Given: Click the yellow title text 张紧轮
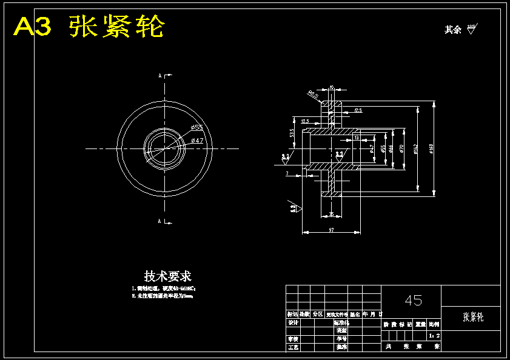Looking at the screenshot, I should pyautogui.click(x=116, y=27).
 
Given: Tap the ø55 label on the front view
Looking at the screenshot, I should pyautogui.click(x=196, y=127).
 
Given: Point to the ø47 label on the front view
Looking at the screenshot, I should pyautogui.click(x=197, y=141).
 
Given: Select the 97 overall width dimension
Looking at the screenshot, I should pyautogui.click(x=331, y=230).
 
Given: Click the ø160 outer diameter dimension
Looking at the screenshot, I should pyautogui.click(x=431, y=148).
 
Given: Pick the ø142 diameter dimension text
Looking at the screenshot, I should pyautogui.click(x=415, y=148).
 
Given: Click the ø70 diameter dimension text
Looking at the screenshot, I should pyautogui.click(x=401, y=148).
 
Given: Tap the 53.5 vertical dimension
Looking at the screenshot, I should pyautogui.click(x=292, y=132).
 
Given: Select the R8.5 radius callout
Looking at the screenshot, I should pyautogui.click(x=313, y=95).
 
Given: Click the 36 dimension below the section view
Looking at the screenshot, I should pyautogui.click(x=331, y=214).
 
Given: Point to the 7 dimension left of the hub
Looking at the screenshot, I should pyautogui.click(x=287, y=174).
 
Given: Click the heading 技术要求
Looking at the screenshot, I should pyautogui.click(x=168, y=276).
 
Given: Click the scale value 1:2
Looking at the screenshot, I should pyautogui.click(x=434, y=335).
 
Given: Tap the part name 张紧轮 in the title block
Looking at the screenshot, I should pyautogui.click(x=473, y=316).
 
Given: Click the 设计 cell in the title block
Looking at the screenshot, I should pyautogui.click(x=293, y=322).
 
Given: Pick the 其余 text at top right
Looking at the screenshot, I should pyautogui.click(x=453, y=30).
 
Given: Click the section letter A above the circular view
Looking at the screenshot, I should pyautogui.click(x=160, y=76).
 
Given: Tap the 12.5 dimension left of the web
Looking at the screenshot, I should pyautogui.click(x=305, y=121).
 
